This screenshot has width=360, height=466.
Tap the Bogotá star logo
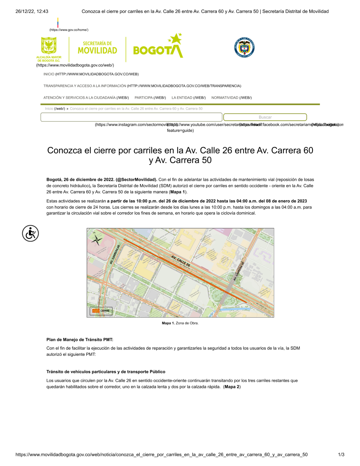pos(158,47)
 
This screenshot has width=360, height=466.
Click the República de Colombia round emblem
pos(244,47)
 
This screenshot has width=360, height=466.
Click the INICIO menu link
pos(49,74)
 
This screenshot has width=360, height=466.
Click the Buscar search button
pos(265,117)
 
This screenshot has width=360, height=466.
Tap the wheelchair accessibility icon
pos(31,233)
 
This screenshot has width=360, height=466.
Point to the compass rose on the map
pos(96,238)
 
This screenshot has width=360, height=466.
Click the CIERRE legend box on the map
pos(101,311)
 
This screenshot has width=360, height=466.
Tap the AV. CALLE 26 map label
pos(181,261)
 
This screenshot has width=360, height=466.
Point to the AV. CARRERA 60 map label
pos(115,254)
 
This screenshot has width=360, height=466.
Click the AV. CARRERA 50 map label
pos(239,271)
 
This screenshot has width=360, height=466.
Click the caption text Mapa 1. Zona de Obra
pos(180,323)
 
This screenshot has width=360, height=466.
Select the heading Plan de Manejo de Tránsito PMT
pos(80,340)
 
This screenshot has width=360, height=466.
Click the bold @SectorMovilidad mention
pos(136,180)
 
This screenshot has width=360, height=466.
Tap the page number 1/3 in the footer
pos(341,454)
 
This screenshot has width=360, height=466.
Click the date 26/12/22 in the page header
pos(24,12)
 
